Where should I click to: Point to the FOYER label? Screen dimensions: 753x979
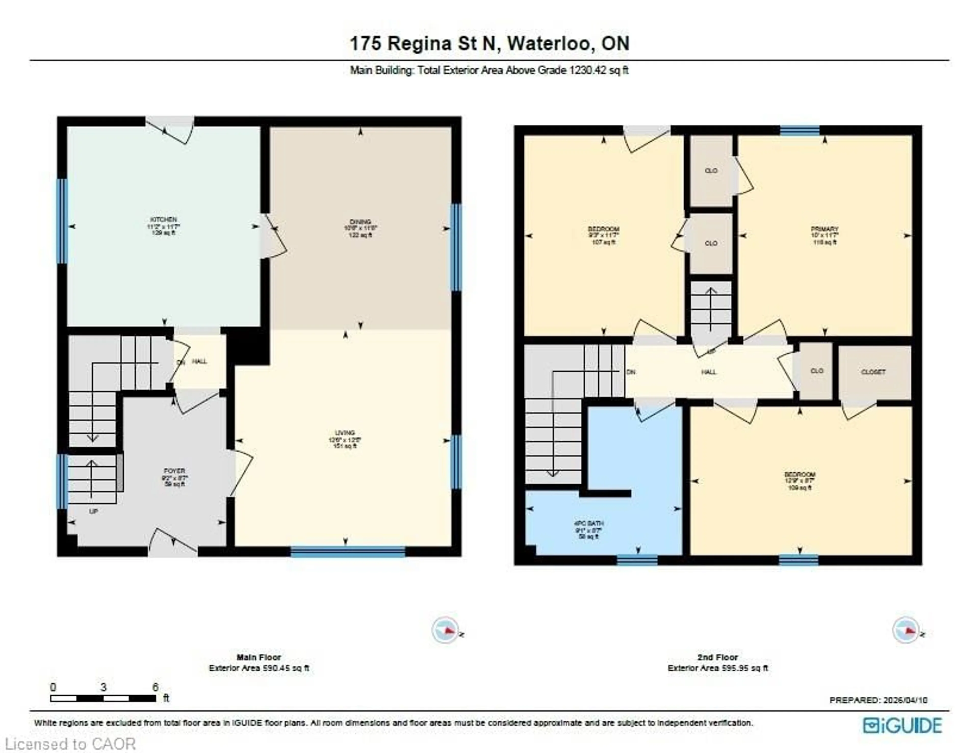pyautogui.click(x=174, y=471)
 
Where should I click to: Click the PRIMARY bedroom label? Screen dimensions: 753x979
pyautogui.click(x=824, y=229)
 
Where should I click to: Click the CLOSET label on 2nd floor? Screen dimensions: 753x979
pyautogui.click(x=873, y=372)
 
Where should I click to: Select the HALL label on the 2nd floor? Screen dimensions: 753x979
pyautogui.click(x=709, y=372)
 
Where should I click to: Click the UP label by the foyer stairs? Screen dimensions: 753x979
pyautogui.click(x=93, y=511)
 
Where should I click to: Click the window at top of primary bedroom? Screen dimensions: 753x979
pyautogui.click(x=800, y=130)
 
